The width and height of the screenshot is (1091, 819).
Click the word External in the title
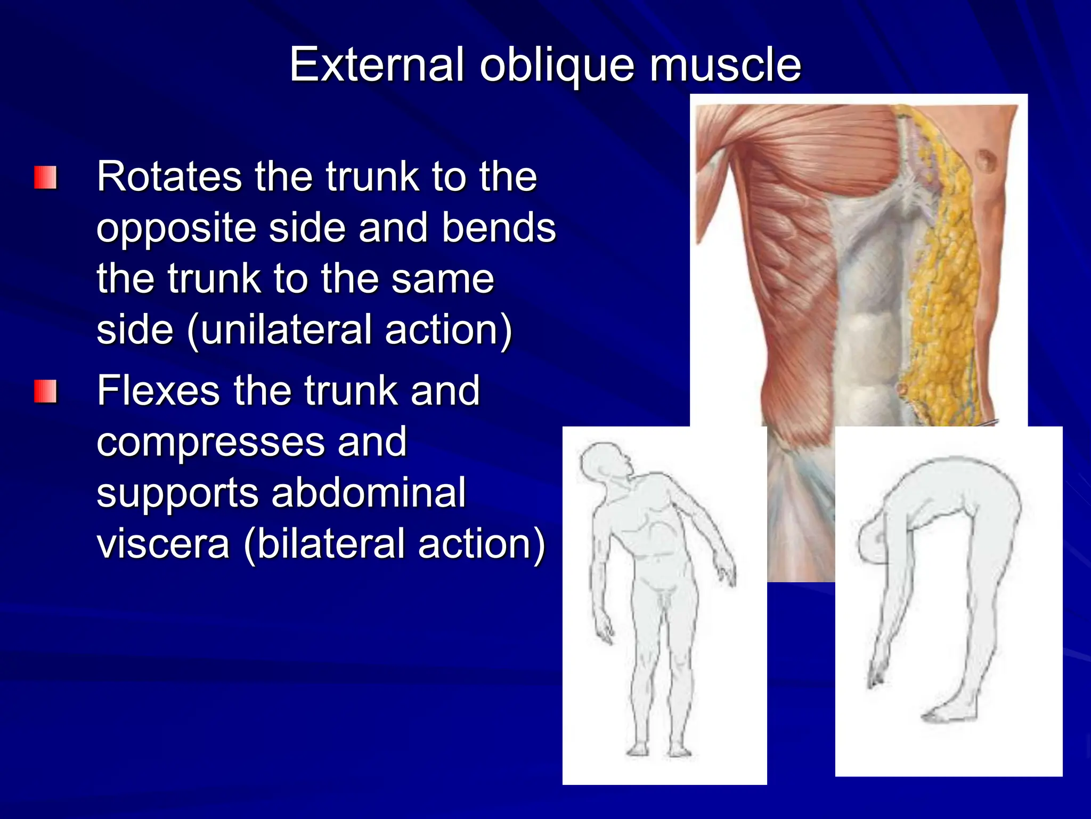click(376, 65)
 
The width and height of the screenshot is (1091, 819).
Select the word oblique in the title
click(557, 66)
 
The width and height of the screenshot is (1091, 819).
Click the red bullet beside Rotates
click(45, 178)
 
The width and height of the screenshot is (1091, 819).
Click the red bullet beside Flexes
click(45, 392)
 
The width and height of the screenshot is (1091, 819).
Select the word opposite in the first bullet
click(176, 229)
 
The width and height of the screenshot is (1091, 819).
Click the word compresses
click(211, 443)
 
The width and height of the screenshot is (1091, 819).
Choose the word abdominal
click(369, 493)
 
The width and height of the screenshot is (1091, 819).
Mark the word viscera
click(163, 543)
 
